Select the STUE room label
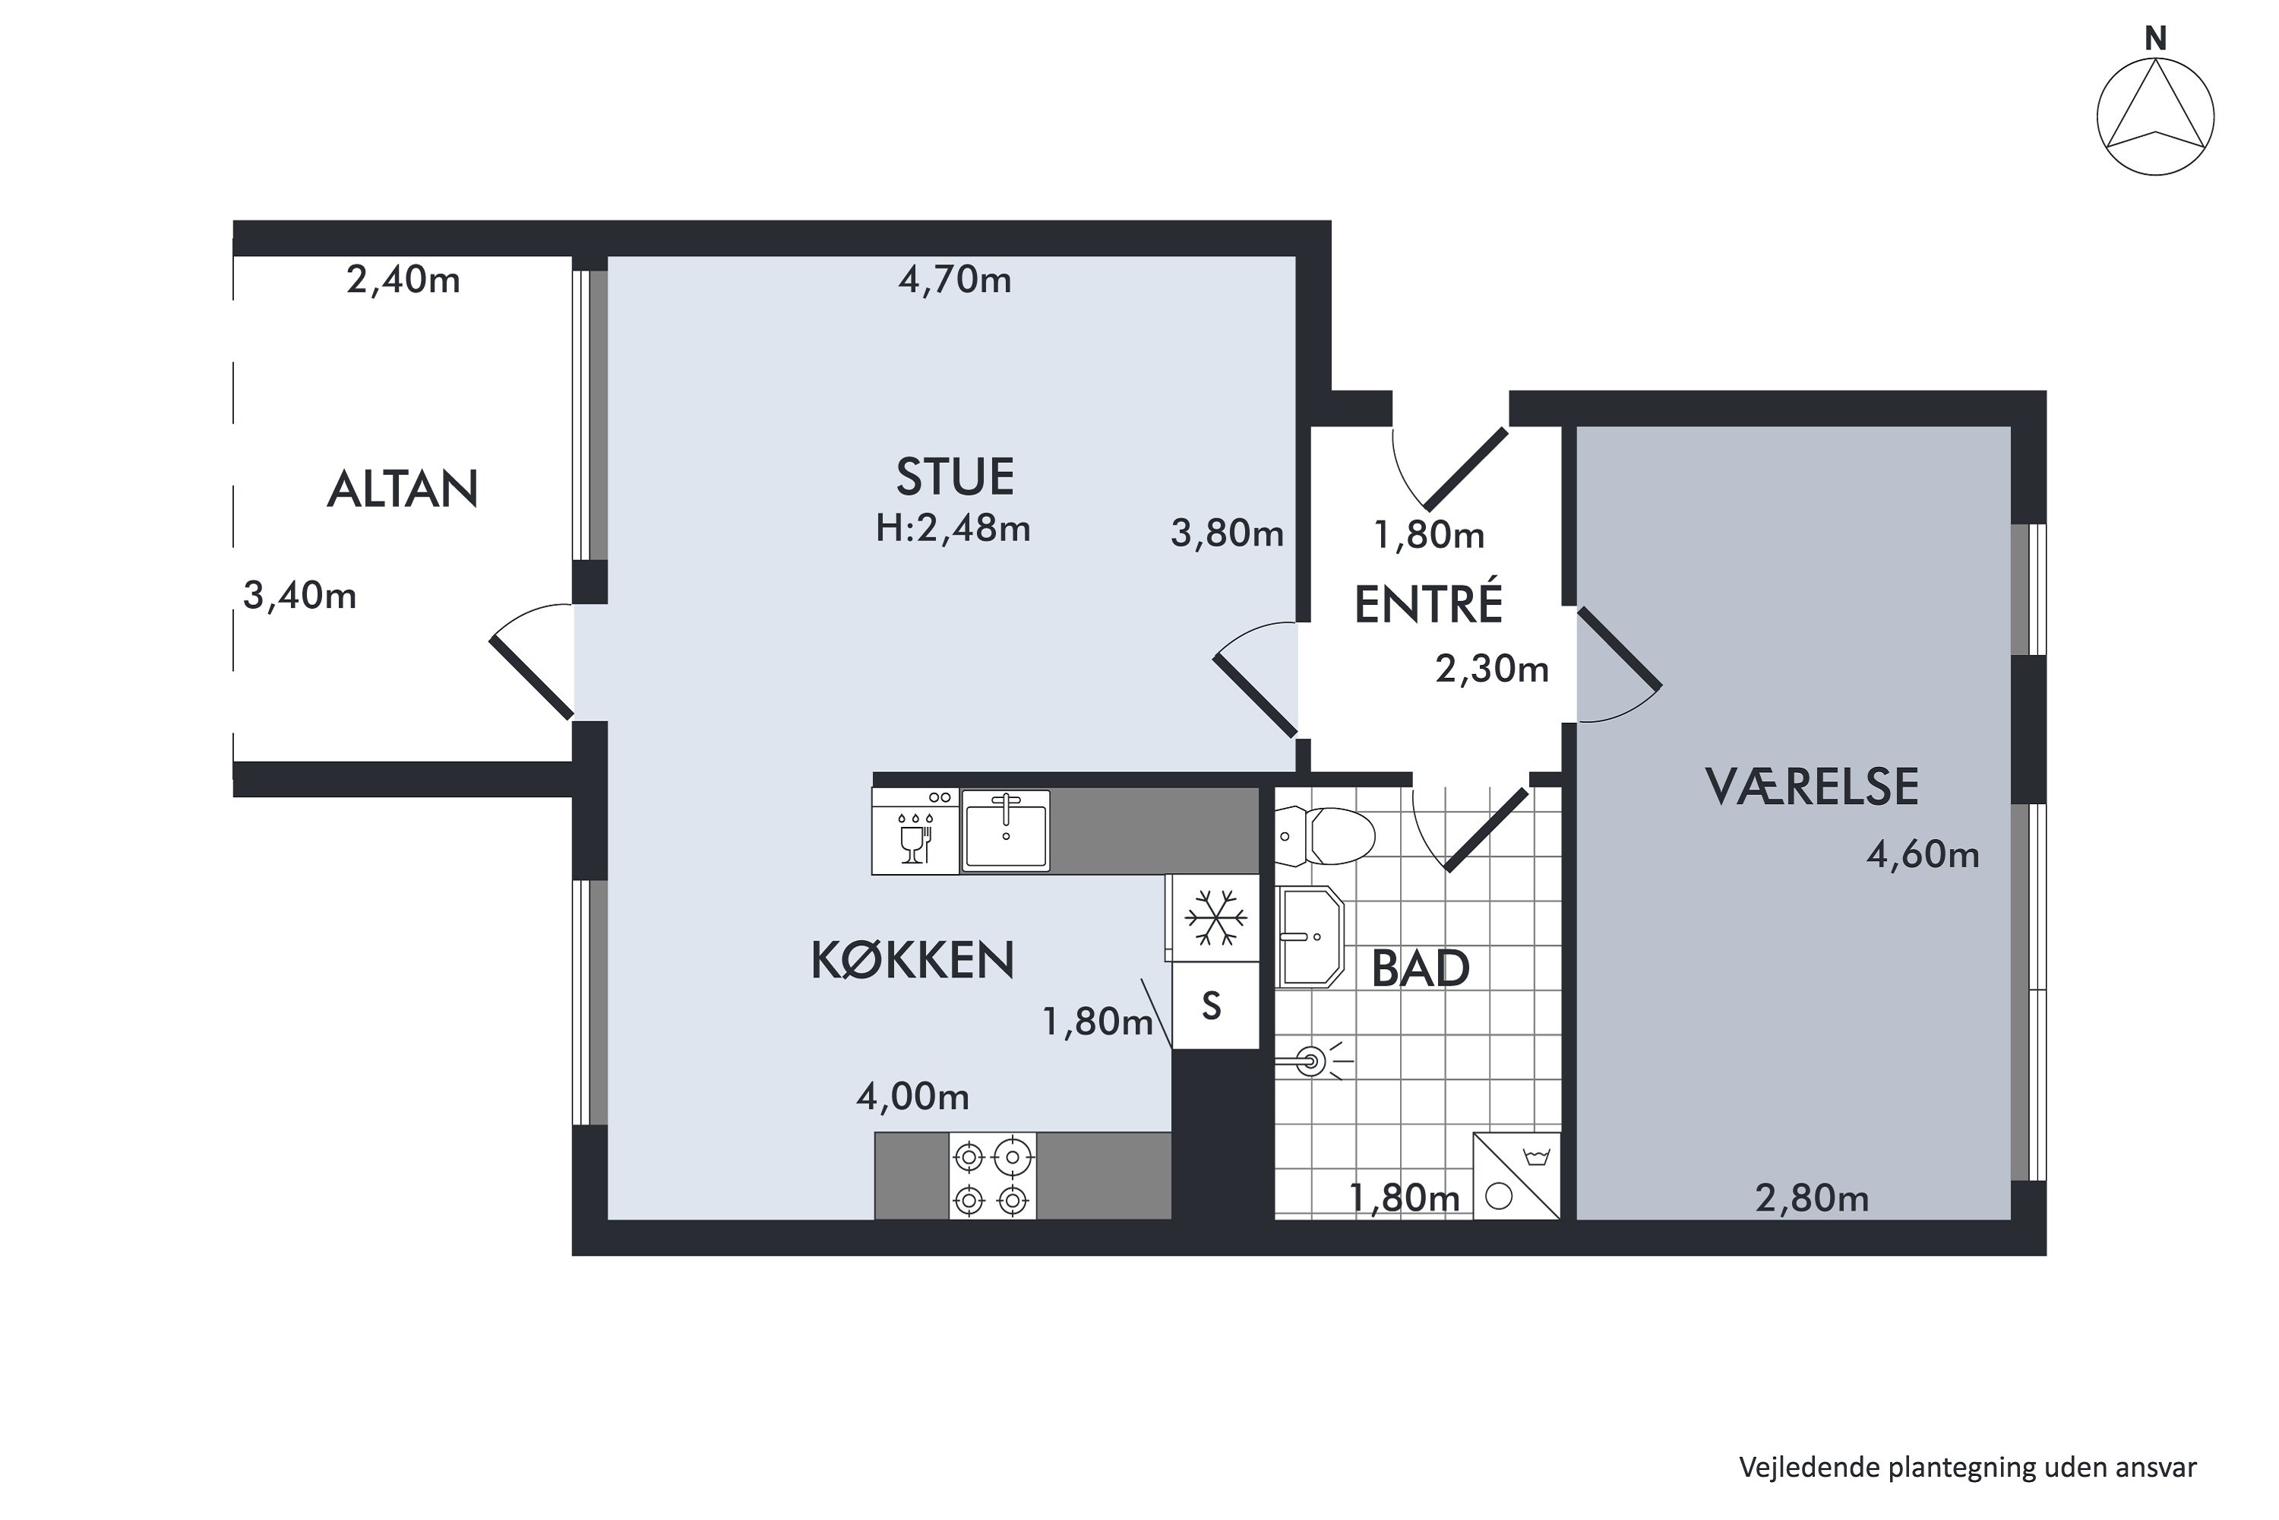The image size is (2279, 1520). point(954,477)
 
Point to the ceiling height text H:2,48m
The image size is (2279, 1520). point(953,528)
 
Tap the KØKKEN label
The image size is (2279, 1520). point(912,960)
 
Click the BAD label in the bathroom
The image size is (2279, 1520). point(1420,968)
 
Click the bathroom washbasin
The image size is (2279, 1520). point(1309,936)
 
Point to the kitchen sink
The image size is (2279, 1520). point(1005,831)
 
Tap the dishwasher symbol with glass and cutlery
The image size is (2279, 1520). point(915,831)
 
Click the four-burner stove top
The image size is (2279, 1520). point(992,1176)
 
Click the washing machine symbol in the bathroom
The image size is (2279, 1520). point(1516,1176)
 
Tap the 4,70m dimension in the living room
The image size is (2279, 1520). point(954,280)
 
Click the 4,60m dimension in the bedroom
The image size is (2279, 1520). point(1923,854)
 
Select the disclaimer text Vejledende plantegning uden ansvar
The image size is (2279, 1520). point(1967,1468)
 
